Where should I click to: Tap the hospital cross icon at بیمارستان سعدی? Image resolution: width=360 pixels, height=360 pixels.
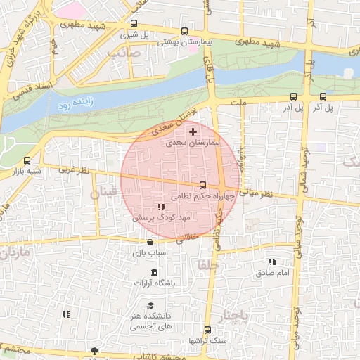pyautogui.click(x=193, y=131)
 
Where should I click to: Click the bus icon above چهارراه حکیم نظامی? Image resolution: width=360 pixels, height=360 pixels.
pyautogui.click(x=203, y=185)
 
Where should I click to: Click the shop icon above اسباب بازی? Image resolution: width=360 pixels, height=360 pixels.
pyautogui.click(x=150, y=243)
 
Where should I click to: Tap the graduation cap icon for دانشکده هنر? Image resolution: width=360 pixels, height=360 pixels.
pyautogui.click(x=150, y=306)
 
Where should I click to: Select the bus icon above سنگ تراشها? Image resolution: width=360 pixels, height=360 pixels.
pyautogui.click(x=207, y=330)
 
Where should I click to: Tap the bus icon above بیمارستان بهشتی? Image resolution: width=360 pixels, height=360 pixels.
pyautogui.click(x=184, y=31)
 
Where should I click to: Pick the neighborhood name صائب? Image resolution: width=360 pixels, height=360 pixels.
pyautogui.click(x=124, y=52)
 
